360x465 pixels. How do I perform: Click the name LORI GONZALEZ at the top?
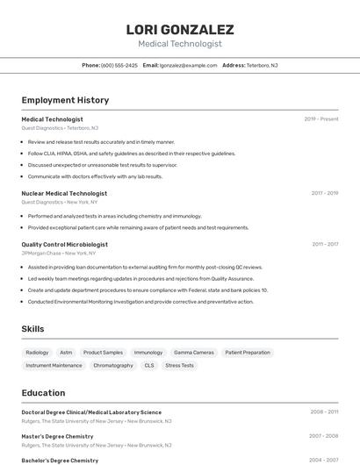pos(179,30)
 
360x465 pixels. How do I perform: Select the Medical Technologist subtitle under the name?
pos(179,44)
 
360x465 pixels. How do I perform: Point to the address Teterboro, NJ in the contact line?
pos(262,65)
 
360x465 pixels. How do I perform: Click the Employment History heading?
pos(65,100)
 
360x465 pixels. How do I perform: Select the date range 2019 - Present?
pos(320,119)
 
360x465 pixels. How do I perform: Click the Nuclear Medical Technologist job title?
pos(64,193)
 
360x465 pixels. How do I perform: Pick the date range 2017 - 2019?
pos(324,193)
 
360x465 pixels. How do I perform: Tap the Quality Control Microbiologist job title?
pos(64,245)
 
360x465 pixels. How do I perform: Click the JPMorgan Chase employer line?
pos(59,254)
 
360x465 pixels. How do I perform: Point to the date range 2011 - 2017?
pos(324,245)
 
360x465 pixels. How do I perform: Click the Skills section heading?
pos(32,329)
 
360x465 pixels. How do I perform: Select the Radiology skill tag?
pos(37,353)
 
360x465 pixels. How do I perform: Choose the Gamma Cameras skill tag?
pos(193,353)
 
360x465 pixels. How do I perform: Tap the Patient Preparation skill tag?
pos(248,353)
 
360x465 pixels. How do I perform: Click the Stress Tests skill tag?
pos(179,366)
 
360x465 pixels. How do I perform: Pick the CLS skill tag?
pos(149,366)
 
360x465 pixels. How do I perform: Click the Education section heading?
pos(43,393)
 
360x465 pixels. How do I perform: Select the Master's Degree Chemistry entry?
pos(57,436)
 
